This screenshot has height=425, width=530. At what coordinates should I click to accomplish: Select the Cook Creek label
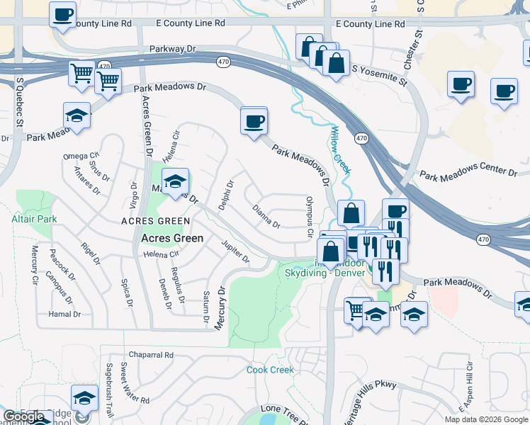[x=270, y=370]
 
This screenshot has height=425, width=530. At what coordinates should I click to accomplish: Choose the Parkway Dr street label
[x=172, y=50]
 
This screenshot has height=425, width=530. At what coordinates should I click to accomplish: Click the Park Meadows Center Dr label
[x=468, y=172]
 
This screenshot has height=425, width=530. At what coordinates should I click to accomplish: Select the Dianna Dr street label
[x=266, y=216]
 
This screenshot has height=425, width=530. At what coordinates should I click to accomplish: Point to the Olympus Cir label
[x=310, y=217]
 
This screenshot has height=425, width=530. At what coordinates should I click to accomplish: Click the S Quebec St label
[x=19, y=106]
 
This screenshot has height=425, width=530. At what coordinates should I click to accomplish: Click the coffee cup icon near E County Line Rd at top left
[x=62, y=14]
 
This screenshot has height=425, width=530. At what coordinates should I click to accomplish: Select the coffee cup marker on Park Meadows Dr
[x=254, y=121]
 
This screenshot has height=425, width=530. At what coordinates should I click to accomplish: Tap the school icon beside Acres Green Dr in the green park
[x=175, y=181]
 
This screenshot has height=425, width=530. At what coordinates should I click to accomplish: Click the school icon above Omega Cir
[x=77, y=115]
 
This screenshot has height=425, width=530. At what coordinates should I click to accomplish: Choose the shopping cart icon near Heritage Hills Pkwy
[x=357, y=309]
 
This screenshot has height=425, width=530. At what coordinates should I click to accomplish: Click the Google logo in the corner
[x=24, y=416]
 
